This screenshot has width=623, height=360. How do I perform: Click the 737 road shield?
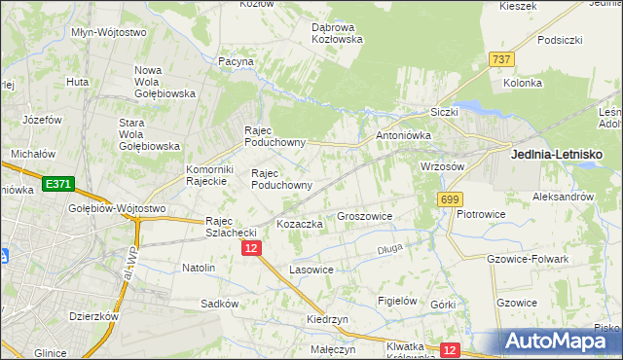[x=502, y=60]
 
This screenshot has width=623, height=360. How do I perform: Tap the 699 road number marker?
[x=449, y=198]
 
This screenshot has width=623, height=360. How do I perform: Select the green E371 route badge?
[x=57, y=183]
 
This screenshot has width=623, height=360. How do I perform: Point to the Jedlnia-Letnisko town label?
[x=558, y=155]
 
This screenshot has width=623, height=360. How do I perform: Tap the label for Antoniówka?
[x=397, y=136]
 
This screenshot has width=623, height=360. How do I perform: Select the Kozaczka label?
[x=299, y=224]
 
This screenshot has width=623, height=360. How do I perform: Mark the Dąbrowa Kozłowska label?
[x=337, y=33]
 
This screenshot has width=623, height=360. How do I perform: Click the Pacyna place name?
[x=236, y=61]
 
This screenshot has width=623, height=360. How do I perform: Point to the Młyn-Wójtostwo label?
[x=109, y=32]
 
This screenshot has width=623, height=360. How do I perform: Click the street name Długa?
[x=389, y=250]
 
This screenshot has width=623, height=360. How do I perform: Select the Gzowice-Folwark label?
[x=527, y=259]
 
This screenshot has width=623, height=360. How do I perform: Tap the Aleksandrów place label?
[x=563, y=197]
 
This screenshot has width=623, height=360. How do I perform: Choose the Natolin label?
[x=199, y=267]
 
